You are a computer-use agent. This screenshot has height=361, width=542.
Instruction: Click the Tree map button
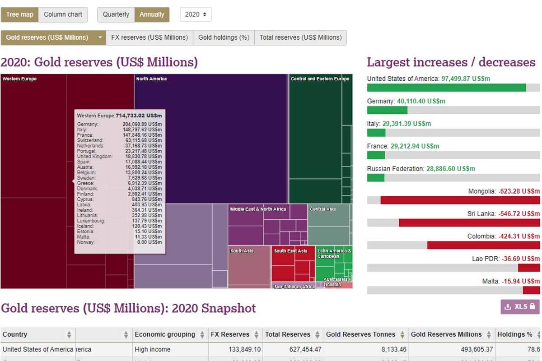19,14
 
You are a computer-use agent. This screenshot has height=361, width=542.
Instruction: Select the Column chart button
63,14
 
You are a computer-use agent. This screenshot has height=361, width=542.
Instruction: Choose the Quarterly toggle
116,14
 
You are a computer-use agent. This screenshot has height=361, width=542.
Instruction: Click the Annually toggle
152,14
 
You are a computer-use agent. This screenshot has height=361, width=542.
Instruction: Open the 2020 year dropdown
196,14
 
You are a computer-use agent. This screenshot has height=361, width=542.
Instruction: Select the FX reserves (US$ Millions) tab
149,37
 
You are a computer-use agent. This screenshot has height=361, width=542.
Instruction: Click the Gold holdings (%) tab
224,37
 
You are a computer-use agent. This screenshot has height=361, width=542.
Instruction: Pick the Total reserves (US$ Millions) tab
300,37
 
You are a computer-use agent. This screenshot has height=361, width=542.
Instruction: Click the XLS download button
520,306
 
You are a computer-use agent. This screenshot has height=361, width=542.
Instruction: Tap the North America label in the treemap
151,79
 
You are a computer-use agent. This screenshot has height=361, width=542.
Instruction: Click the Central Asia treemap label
322,209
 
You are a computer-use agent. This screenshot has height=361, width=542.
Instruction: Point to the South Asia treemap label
242,251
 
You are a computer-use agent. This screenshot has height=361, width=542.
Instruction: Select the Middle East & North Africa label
258,209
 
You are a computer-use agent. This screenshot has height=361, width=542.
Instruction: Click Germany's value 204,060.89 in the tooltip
142,124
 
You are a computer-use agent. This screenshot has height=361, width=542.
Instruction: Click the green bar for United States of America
446,88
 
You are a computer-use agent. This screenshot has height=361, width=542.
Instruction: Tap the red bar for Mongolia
460,200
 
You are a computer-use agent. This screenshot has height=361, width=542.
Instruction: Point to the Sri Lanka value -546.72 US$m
519,214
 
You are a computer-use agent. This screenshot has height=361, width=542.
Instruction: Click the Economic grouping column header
164,334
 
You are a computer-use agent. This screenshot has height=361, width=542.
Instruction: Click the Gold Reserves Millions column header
446,334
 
